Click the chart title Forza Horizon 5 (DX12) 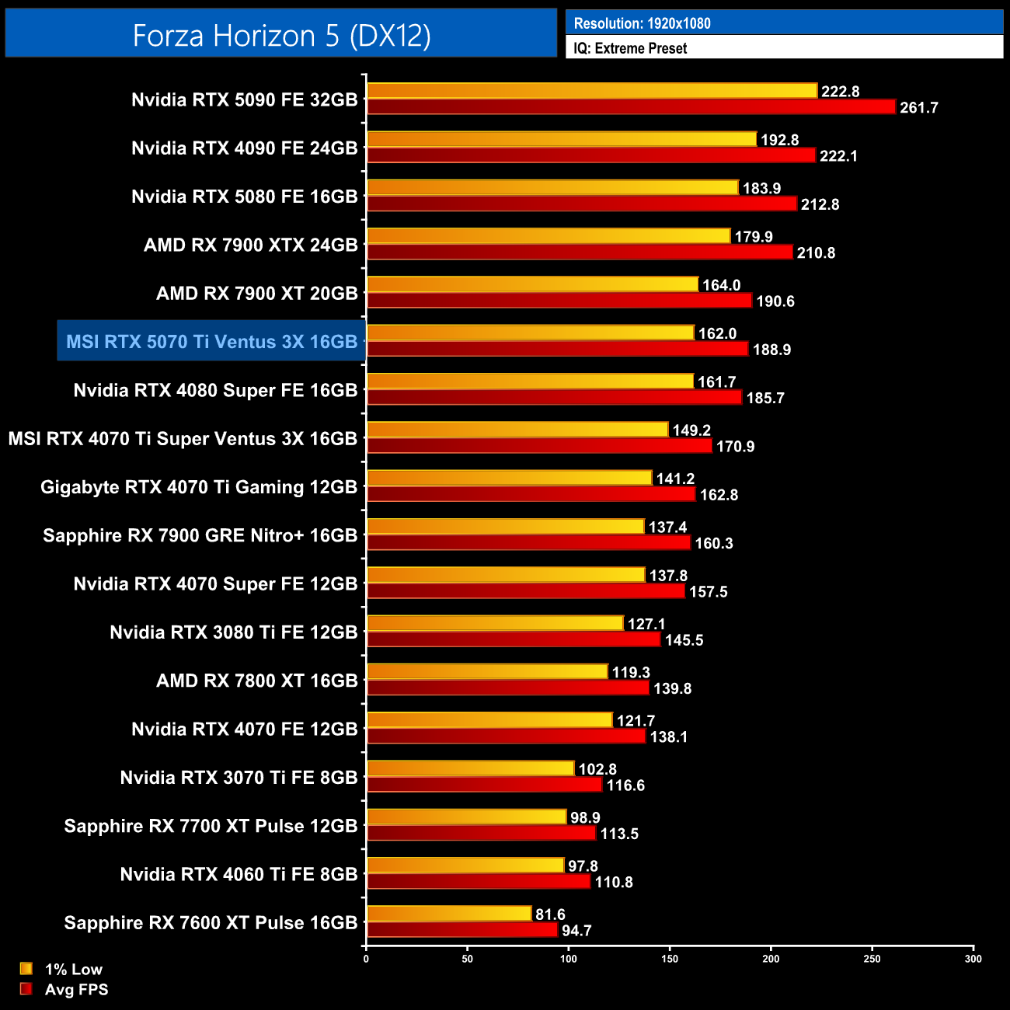[281, 36]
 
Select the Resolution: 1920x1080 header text [642, 23]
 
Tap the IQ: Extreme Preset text [630, 48]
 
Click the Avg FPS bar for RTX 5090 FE [631, 107]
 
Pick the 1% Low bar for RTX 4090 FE [561, 140]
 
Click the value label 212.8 [820, 204]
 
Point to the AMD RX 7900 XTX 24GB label [250, 246]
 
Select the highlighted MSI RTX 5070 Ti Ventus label [211, 342]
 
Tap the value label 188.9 [771, 350]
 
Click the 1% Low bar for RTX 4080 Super [530, 381]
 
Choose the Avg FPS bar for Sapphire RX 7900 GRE [528, 543]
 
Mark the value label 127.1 [646, 624]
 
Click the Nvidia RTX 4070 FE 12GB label [244, 730]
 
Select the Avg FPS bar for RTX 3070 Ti [484, 785]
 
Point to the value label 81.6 [550, 914]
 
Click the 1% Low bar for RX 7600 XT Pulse [449, 914]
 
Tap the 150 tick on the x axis [670, 959]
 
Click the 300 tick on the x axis [973, 959]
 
